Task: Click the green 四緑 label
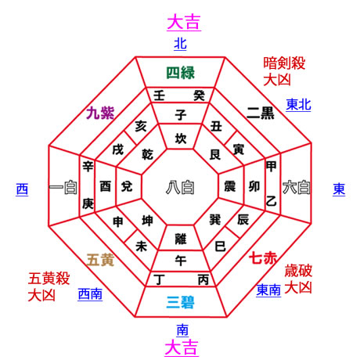click(181, 73)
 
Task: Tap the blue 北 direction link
click(180, 43)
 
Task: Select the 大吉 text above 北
click(184, 23)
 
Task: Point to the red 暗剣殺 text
click(284, 63)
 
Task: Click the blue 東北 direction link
click(298, 105)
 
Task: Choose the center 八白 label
click(180, 188)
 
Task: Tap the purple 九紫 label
click(100, 113)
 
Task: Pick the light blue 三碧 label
click(181, 303)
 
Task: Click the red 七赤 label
click(263, 258)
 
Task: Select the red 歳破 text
click(298, 271)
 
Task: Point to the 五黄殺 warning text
click(49, 279)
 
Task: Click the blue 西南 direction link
click(90, 294)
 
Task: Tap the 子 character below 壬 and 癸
click(181, 115)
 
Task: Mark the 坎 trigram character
click(181, 139)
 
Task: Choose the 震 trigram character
click(229, 186)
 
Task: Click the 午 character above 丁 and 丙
click(181, 261)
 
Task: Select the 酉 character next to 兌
click(106, 186)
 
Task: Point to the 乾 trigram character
click(147, 154)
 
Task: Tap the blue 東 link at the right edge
click(339, 189)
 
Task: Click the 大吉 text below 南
click(182, 347)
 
